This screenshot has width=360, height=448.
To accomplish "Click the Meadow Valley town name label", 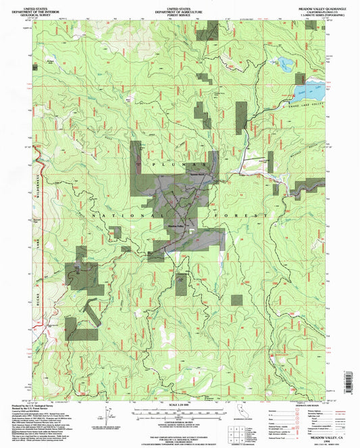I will click(x=176, y=225).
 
